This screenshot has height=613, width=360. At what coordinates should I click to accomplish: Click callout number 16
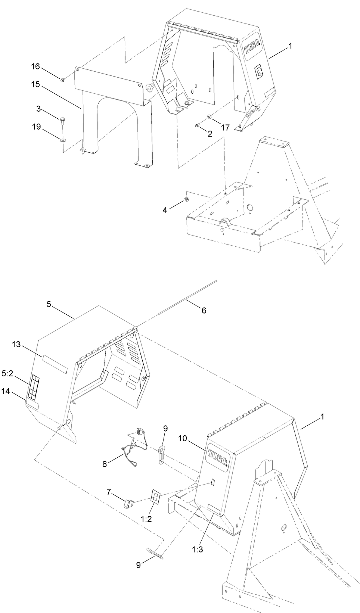click(x=35, y=66)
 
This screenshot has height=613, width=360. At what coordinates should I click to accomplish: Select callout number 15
click(x=35, y=85)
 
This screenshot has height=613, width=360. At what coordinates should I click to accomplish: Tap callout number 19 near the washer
click(x=36, y=127)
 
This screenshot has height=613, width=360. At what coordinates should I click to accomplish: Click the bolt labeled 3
click(x=62, y=120)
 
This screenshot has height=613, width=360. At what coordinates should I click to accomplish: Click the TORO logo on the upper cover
click(x=253, y=49)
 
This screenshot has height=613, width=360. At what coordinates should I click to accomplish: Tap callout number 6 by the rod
click(x=204, y=310)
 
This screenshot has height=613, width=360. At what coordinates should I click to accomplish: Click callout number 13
click(x=16, y=345)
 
